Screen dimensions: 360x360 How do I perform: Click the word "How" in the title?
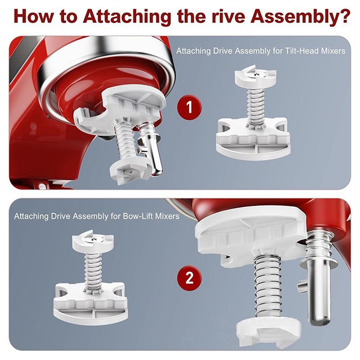pos(35,17)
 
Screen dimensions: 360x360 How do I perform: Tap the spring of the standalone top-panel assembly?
pos(256,103)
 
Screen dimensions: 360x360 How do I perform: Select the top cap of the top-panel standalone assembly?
pos(255,76)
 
